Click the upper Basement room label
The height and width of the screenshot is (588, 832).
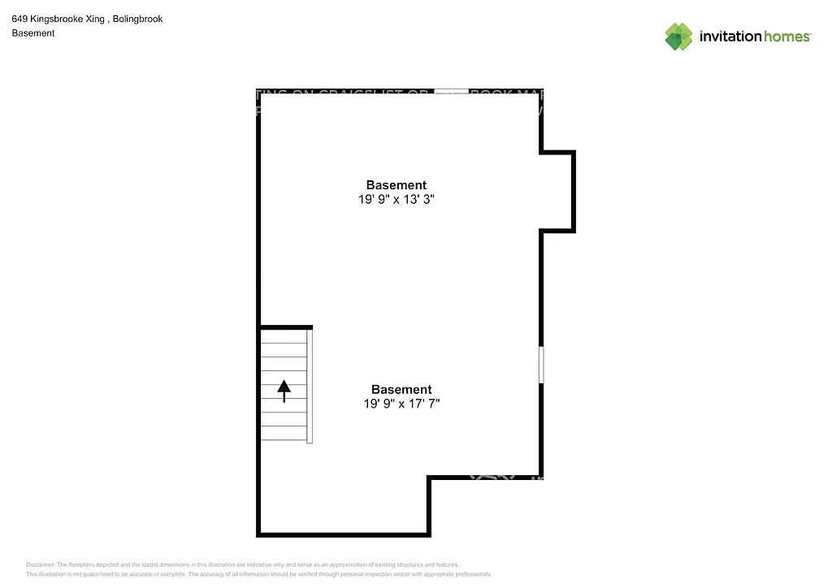tap(396, 185)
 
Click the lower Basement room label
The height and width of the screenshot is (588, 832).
tap(401, 390)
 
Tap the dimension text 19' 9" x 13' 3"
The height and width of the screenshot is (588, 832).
tap(396, 199)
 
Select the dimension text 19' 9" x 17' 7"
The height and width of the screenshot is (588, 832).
tap(401, 404)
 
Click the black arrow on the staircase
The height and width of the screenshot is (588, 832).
tap(284, 391)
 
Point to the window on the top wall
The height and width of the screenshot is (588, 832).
tap(451, 92)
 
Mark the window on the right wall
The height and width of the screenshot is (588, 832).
tap(541, 365)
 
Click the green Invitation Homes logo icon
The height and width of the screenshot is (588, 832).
tap(679, 37)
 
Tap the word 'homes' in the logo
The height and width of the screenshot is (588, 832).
tap(786, 37)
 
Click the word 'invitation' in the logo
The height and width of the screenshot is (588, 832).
tap(730, 37)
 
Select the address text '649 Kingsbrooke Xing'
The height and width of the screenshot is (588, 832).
tap(58, 19)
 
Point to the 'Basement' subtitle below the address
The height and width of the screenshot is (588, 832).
tap(33, 33)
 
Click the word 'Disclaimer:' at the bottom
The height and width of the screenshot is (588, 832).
tap(40, 564)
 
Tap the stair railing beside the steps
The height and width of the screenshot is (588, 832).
tap(310, 385)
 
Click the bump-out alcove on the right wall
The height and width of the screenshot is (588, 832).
tap(557, 192)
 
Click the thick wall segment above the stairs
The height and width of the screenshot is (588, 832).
tap(285, 326)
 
